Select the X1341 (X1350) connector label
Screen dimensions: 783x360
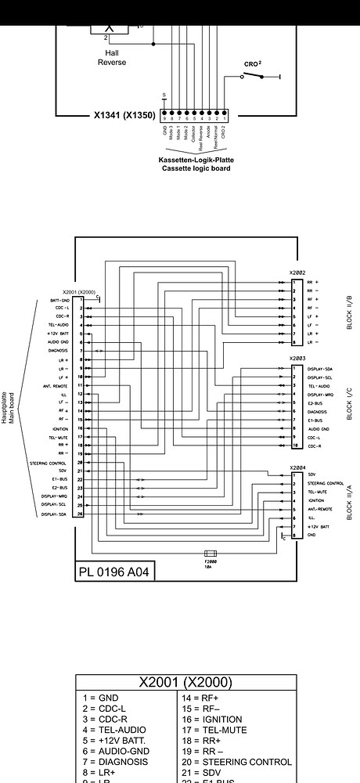click(124, 114)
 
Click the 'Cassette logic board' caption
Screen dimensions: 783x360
click(196, 168)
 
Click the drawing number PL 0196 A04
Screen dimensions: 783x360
click(114, 572)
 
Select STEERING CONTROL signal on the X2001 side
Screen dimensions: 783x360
click(52, 464)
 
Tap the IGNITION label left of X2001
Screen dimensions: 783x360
click(60, 429)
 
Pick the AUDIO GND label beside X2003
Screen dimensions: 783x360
click(319, 429)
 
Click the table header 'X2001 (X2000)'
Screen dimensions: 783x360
click(185, 682)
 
